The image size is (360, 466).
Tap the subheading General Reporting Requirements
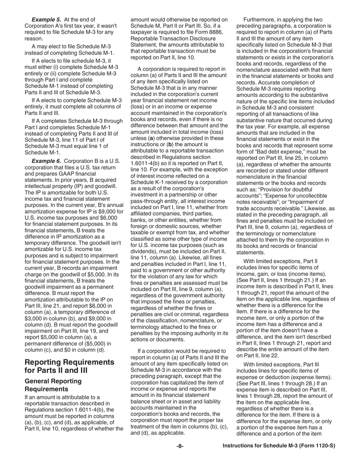point(53,385)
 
